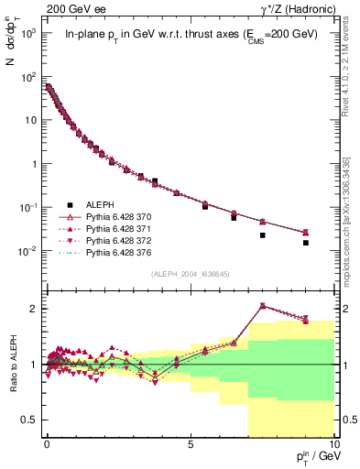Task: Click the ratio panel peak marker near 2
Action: tap(263, 306)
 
